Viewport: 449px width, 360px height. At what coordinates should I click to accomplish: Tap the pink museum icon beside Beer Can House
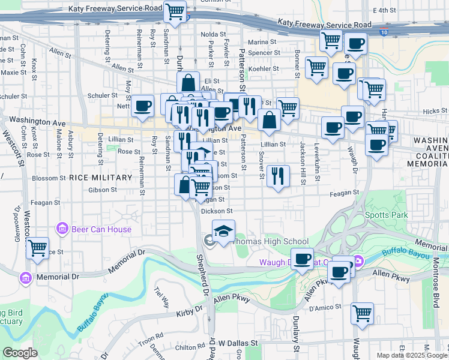click(x=61, y=229)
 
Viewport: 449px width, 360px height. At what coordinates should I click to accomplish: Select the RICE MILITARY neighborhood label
click(x=100, y=178)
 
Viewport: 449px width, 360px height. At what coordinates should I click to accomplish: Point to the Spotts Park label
click(x=386, y=215)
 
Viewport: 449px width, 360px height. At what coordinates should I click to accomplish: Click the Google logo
click(x=20, y=353)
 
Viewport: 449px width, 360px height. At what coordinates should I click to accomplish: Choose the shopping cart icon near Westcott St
click(x=38, y=247)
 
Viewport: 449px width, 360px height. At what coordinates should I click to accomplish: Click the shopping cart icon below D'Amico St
click(x=362, y=312)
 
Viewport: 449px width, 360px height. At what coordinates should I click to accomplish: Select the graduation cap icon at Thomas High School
click(x=223, y=230)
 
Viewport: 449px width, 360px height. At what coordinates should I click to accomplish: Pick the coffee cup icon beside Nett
click(x=143, y=106)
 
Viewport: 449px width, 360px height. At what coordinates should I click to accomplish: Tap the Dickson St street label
click(x=217, y=211)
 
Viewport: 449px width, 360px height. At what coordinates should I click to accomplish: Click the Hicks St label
click(x=431, y=112)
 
